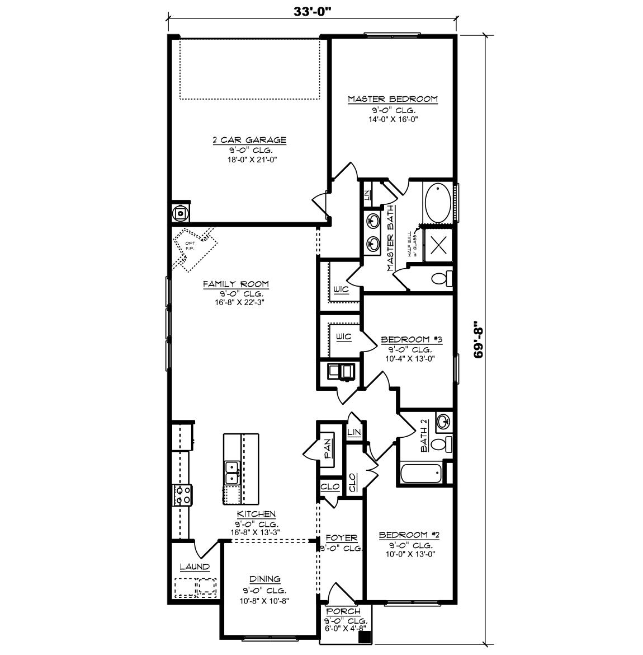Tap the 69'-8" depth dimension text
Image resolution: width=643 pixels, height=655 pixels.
(478, 340)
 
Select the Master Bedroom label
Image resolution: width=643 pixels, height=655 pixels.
(393, 99)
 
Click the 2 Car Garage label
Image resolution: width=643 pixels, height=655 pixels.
(249, 140)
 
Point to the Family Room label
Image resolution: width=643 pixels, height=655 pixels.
(235, 284)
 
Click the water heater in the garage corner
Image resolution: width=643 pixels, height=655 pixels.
(181, 212)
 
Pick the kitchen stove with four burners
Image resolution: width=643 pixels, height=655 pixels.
(182, 494)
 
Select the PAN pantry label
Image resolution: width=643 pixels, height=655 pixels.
(328, 448)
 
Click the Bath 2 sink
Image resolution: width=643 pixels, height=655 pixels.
(443, 422)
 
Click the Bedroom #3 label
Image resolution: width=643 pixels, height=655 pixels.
(412, 339)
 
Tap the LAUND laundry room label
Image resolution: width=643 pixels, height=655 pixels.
(195, 567)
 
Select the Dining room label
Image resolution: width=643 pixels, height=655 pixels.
(265, 579)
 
